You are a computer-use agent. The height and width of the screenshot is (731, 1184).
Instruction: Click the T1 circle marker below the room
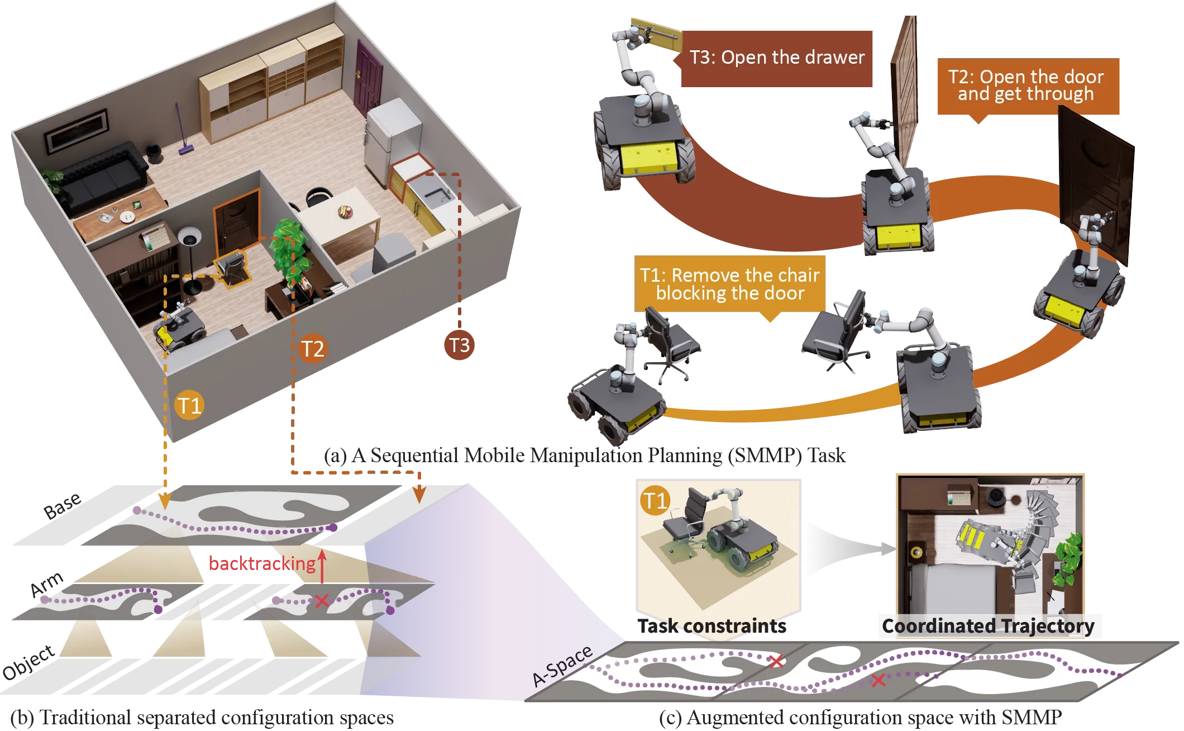pyautogui.click(x=189, y=405)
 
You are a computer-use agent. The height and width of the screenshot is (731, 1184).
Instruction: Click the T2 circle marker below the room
pyautogui.click(x=312, y=349)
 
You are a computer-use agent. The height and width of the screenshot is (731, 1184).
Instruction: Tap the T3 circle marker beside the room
pyautogui.click(x=459, y=345)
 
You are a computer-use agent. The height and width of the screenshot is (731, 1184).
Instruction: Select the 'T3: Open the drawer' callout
pyautogui.click(x=776, y=58)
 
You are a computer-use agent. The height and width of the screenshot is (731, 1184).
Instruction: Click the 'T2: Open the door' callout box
pyautogui.click(x=1026, y=86)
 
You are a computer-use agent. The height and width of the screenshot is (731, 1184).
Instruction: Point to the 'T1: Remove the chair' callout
pyautogui.click(x=729, y=284)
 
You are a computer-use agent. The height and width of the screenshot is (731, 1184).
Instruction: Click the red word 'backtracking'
pyautogui.click(x=261, y=563)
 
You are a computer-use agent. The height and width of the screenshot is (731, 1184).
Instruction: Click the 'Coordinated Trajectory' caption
pyautogui.click(x=987, y=626)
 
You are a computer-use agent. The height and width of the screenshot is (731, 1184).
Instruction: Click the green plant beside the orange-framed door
pyautogui.click(x=290, y=249)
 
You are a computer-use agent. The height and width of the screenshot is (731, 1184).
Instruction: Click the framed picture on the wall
pyautogui.click(x=77, y=131)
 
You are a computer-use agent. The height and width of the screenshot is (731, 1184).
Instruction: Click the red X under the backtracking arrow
pyautogui.click(x=321, y=601)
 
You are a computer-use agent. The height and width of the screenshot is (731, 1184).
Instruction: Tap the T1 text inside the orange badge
pyautogui.click(x=655, y=501)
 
